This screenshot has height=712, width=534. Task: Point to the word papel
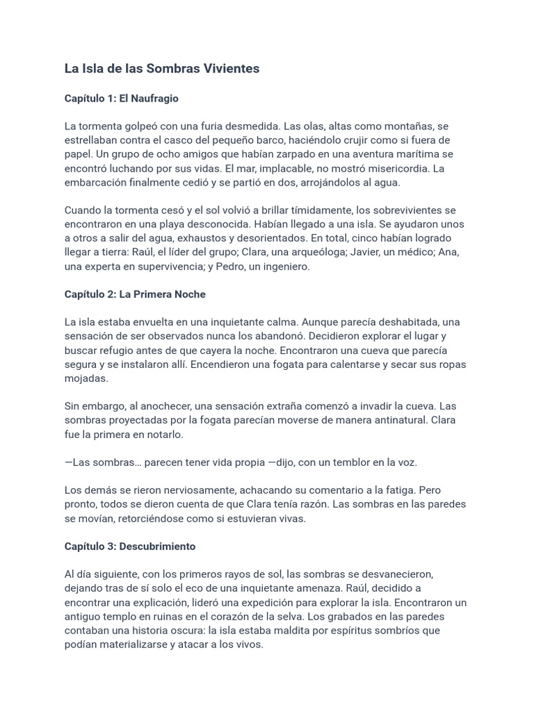(x=78, y=154)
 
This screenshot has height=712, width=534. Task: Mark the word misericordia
(x=385, y=168)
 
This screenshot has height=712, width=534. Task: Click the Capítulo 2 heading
(x=135, y=294)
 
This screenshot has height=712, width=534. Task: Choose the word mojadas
(x=87, y=378)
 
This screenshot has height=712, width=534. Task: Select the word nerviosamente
(x=183, y=490)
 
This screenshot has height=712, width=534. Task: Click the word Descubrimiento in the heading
(x=157, y=547)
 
